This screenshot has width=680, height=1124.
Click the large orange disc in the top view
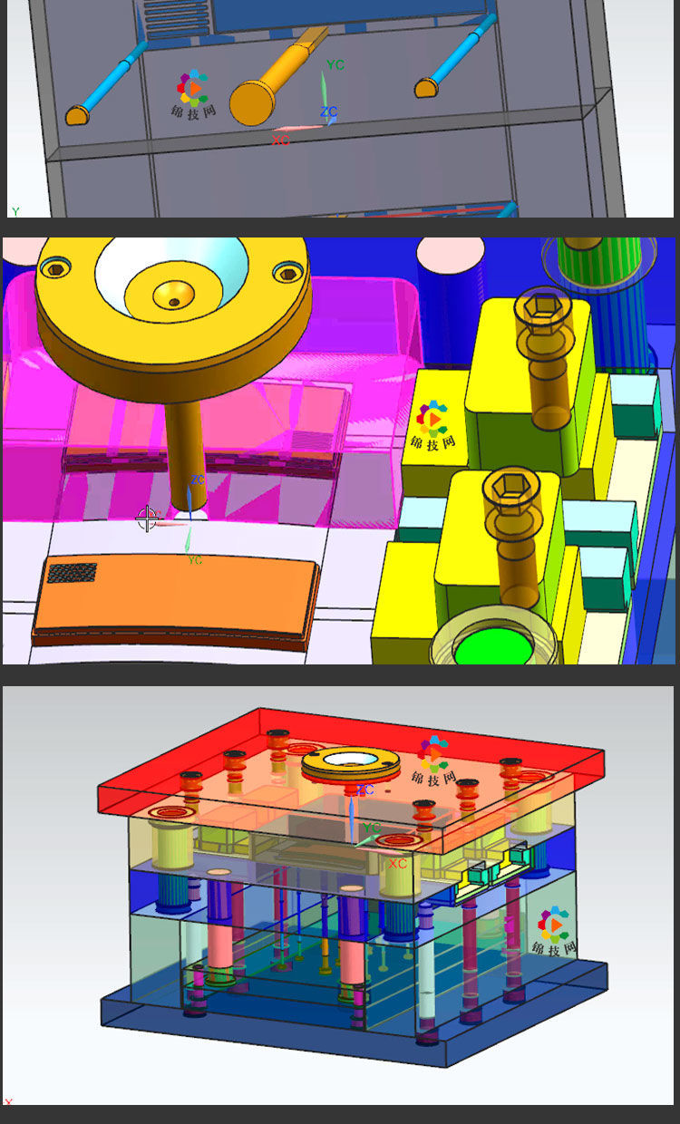click(x=252, y=103)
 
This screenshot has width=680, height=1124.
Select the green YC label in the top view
click(x=335, y=64)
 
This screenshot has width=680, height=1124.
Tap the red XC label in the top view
click(x=280, y=140)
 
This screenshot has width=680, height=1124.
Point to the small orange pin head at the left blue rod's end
click(x=77, y=115)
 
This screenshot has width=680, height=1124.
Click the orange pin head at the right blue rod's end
click(x=426, y=88)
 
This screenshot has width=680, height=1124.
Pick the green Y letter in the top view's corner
click(x=15, y=211)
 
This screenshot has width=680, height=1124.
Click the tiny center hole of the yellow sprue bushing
click(x=174, y=302)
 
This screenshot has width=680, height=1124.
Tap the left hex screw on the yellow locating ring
click(x=55, y=269)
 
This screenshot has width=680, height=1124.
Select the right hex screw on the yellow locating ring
click(x=288, y=274)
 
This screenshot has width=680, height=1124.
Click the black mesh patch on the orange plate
click(x=72, y=573)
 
